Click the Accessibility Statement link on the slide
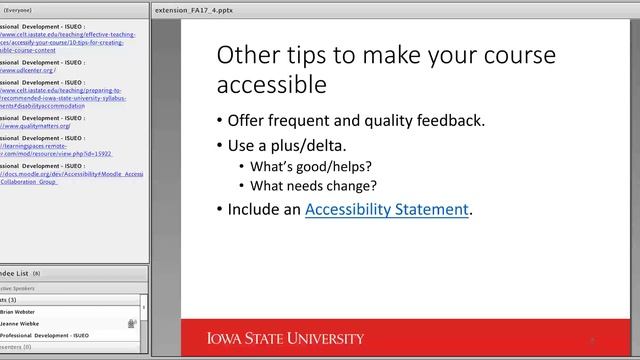point(387,210)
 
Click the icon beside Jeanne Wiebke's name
point(131,323)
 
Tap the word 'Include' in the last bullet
point(253,210)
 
